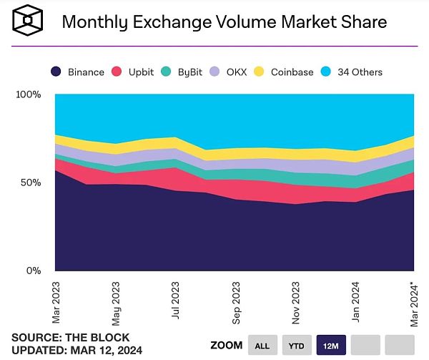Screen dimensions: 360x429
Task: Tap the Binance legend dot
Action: [x=56, y=72]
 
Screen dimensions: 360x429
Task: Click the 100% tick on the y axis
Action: [x=28, y=95]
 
